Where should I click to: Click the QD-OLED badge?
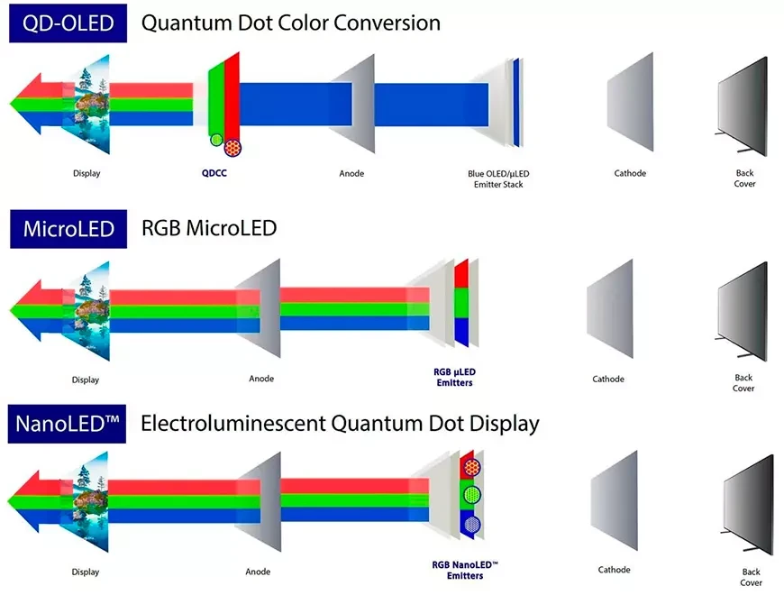[68, 23]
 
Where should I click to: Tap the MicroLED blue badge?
[68, 229]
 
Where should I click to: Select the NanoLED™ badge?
[67, 424]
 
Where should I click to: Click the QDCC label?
[214, 173]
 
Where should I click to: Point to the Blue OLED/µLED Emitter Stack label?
[498, 179]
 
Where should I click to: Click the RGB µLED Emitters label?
[454, 378]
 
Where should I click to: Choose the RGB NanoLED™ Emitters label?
[465, 570]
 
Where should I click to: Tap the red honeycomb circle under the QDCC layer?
[232, 148]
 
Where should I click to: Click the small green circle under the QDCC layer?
[216, 140]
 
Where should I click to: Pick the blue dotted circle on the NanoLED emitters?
[472, 525]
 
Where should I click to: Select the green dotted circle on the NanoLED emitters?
[472, 495]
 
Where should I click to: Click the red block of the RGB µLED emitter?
[461, 273]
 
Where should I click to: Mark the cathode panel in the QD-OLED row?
[630, 102]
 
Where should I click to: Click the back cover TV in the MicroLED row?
[743, 311]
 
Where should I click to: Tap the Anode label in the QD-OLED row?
[351, 173]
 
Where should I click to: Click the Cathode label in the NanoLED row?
[614, 570]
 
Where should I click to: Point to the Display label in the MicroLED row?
[86, 380]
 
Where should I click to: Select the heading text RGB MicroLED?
[209, 228]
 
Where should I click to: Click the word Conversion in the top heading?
[387, 23]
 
